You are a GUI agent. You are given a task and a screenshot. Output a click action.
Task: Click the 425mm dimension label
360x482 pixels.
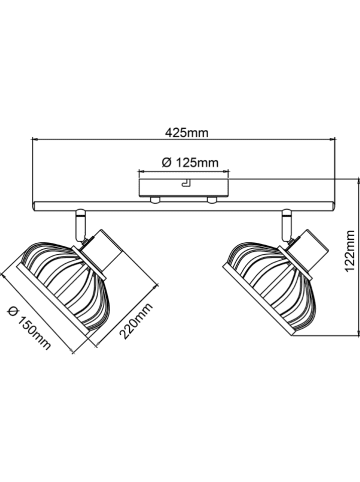187,133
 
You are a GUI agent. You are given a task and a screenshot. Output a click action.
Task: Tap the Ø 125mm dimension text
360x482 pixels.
190,163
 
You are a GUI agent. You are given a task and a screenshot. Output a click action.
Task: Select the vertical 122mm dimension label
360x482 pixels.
350,250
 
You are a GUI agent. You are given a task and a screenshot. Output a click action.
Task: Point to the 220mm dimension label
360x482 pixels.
136,321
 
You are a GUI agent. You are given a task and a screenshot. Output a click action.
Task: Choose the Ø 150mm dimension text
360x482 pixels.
30,328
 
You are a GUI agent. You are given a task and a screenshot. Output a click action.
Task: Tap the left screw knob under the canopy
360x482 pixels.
155,199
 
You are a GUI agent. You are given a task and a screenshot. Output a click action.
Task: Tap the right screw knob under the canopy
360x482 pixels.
212,199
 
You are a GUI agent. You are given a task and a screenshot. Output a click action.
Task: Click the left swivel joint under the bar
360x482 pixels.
80,224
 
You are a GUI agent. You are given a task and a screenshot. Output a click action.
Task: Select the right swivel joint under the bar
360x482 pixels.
287,224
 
